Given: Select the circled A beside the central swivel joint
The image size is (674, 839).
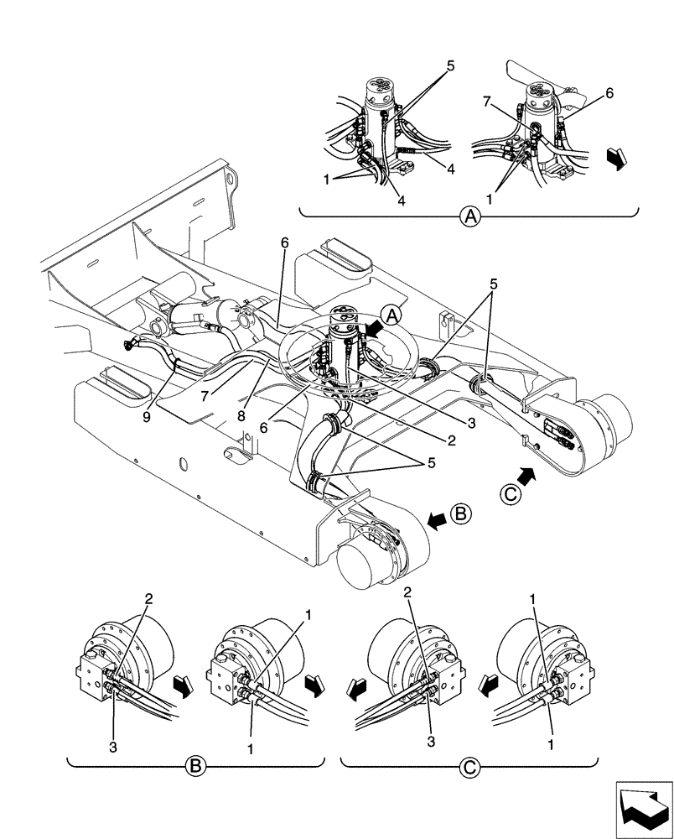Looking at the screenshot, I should tap(391, 314).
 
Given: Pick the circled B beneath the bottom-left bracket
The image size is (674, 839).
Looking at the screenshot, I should tap(195, 764).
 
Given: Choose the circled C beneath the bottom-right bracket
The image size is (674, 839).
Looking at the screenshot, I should tap(469, 764).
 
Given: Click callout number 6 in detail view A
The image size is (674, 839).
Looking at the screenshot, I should tap(609, 94).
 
